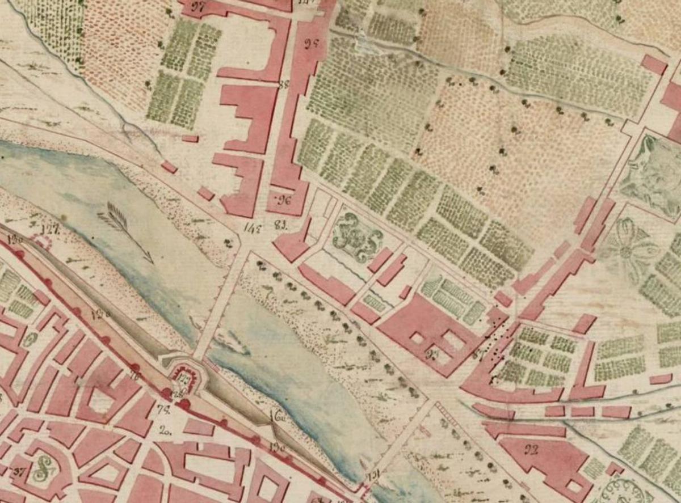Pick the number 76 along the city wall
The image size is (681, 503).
pyautogui.click(x=134, y=376)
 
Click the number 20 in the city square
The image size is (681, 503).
pyautogui.click(x=166, y=429)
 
